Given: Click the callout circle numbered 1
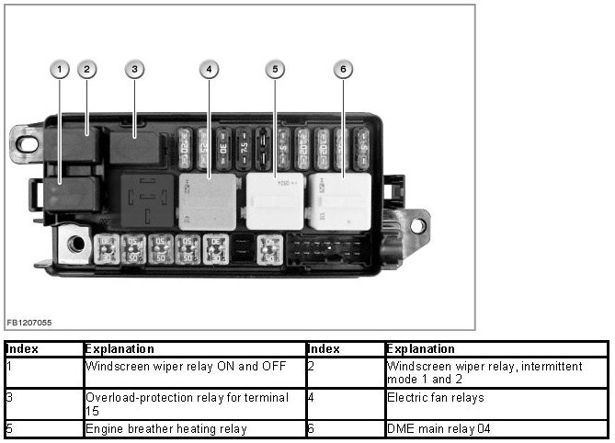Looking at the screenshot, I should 61,69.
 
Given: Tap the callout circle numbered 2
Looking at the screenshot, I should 86,69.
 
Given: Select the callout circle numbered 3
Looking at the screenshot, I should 134,69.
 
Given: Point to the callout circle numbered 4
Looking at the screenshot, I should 210,69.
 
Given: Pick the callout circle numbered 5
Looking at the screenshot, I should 275,69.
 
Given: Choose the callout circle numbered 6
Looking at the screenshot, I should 343,69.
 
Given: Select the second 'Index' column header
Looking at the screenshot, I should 324,349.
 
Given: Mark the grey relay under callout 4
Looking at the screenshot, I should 210,201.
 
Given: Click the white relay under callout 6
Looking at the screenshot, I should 340,200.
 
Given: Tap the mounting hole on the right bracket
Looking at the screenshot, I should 416,224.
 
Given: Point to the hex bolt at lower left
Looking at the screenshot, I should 74,244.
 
